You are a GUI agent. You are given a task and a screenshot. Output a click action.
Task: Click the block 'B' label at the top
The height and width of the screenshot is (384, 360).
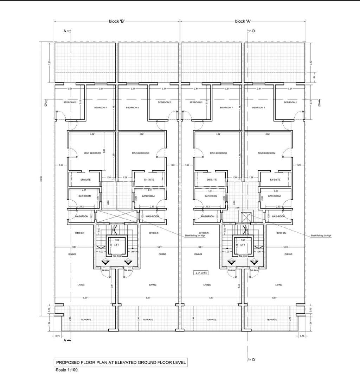click(116, 21)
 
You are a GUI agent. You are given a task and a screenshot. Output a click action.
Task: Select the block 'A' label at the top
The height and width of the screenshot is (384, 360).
click(243, 21)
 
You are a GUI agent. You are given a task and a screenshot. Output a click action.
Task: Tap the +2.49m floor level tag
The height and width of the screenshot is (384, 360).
click(201, 273)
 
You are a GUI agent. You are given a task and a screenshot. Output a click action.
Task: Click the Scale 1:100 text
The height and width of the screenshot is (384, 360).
click(67, 370)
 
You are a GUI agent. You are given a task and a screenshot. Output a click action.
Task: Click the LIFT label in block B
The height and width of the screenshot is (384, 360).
click(116, 244)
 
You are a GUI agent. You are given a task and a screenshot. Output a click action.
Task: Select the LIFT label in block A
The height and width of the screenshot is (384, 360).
click(243, 244)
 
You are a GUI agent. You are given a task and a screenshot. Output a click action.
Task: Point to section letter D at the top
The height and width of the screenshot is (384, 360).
click(253, 31)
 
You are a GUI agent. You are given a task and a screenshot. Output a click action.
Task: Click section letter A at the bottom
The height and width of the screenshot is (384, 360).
click(65, 341)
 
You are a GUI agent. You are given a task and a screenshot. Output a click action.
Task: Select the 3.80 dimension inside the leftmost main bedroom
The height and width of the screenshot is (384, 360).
click(104, 152)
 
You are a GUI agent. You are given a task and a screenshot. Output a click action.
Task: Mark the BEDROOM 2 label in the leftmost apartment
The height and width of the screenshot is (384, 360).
click(70, 102)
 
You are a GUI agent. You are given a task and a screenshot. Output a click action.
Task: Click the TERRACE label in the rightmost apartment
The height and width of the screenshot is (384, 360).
click(272, 320)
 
